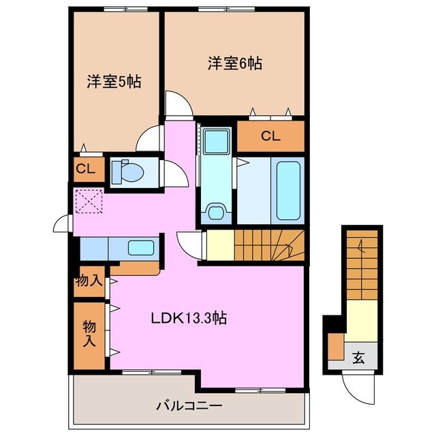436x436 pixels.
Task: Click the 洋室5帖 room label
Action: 114,82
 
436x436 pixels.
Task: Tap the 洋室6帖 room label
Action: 234,64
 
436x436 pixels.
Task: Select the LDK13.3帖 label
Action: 189,317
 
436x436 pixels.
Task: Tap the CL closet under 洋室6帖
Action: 270,136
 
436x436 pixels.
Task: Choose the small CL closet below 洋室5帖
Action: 87,169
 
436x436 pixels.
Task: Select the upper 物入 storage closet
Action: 89,281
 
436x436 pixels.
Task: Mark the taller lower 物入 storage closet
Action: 89,334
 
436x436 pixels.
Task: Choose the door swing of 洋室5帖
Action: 148,140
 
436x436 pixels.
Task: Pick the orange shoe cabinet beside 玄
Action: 336,347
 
